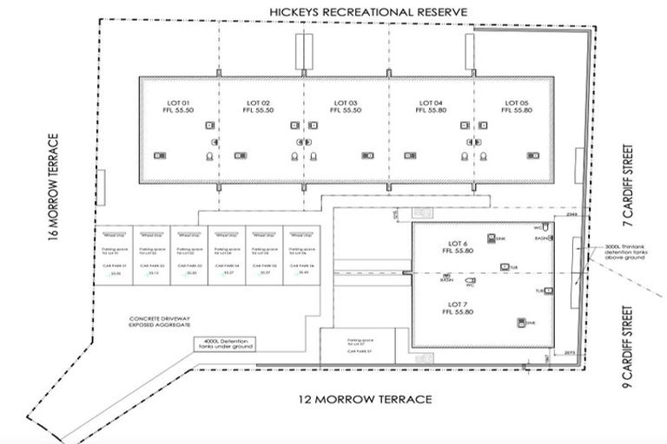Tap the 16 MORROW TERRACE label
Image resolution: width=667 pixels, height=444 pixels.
click(x=54, y=185)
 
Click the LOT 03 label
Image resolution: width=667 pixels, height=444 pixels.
click(x=347, y=105)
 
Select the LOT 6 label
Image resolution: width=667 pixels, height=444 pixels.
click(x=459, y=244)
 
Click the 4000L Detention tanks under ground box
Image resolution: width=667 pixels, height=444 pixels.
click(x=228, y=344)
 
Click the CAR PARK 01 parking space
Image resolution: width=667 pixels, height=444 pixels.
click(x=116, y=256)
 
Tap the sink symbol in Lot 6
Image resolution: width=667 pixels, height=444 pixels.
click(x=492, y=238)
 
